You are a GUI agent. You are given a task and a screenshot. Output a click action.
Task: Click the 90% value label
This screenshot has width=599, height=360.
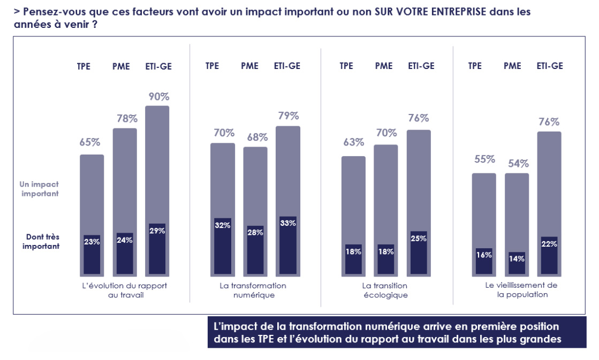pyautogui.click(x=158, y=97)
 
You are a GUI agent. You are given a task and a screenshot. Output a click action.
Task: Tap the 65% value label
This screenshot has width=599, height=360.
pyautogui.click(x=90, y=142)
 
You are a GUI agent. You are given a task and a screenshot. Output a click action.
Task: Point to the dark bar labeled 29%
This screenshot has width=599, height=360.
pyautogui.click(x=157, y=249)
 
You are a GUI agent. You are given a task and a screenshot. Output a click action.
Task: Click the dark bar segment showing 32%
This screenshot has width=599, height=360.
pyautogui.click(x=222, y=247)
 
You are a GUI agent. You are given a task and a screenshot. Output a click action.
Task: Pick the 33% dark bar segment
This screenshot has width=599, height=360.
pyautogui.click(x=288, y=246)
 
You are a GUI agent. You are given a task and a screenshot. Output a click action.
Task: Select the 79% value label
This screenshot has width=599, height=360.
pyautogui.click(x=288, y=116)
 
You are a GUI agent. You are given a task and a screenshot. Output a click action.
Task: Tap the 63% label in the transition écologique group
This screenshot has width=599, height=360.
pyautogui.click(x=353, y=142)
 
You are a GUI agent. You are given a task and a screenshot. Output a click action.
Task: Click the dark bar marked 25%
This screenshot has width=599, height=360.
pyautogui.click(x=419, y=254)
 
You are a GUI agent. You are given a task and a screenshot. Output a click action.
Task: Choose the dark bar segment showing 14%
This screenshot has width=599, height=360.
pyautogui.click(x=517, y=264)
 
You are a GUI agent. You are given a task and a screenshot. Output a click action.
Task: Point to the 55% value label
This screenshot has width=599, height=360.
pyautogui.click(x=484, y=159)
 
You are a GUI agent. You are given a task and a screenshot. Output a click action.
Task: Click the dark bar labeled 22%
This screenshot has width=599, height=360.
pyautogui.click(x=549, y=256)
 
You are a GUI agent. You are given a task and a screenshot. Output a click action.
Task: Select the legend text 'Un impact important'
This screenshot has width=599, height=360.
pyautogui.click(x=40, y=189)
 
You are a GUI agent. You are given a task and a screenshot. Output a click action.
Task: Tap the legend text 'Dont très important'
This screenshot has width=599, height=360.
pyautogui.click(x=41, y=242)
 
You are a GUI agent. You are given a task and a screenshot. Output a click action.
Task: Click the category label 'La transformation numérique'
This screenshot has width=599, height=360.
pyautogui.click(x=253, y=290)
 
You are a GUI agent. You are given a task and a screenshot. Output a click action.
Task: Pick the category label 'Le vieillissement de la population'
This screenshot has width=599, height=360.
pyautogui.click(x=521, y=289)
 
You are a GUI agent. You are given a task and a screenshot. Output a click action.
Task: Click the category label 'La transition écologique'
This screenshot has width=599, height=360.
pyautogui.click(x=384, y=290)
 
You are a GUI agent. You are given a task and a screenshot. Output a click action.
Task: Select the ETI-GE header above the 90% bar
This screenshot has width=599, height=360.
pyautogui.click(x=158, y=66)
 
